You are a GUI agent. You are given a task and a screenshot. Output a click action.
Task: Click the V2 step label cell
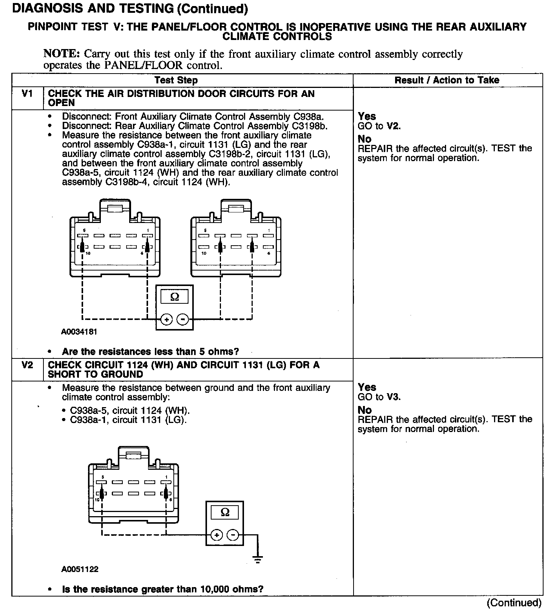pos(27,365)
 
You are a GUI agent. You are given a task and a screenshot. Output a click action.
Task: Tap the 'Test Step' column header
pos(176,80)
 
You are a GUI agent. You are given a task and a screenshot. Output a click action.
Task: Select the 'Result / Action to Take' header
pos(447,80)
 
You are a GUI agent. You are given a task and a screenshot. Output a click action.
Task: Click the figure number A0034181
pos(79,332)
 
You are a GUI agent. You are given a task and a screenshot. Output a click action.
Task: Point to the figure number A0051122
pos(80,569)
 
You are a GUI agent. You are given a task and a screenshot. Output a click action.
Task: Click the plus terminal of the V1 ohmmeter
pos(166,320)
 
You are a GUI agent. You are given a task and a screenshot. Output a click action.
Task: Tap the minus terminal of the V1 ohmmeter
pos(182,320)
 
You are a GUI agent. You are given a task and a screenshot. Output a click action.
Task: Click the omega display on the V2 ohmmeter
pos(225,512)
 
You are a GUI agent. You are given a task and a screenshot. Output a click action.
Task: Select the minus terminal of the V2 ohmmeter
pos(233,535)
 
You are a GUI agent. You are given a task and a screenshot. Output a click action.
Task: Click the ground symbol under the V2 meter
pos(258,559)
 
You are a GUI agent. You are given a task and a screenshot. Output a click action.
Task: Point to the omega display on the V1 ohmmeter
pos(175,297)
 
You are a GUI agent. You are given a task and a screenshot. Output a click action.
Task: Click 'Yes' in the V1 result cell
pos(367,116)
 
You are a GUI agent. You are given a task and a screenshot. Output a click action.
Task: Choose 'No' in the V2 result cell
pos(364,410)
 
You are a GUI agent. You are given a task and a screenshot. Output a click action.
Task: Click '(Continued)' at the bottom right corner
pos(514,603)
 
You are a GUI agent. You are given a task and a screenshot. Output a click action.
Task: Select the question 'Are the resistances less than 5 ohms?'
pos(150,352)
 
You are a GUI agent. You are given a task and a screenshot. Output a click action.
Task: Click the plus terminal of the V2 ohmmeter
pos(216,535)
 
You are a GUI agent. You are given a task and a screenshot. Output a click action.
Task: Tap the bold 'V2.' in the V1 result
pos(394,126)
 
